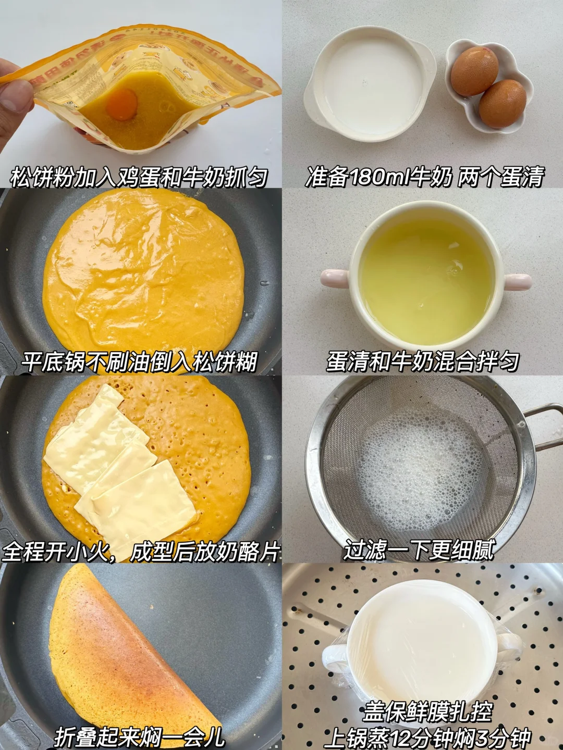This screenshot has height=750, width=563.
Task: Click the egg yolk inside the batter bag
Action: tap(121, 104)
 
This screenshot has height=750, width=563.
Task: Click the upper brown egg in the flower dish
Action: tap(474, 71)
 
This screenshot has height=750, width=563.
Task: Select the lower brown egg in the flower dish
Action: tap(502, 104)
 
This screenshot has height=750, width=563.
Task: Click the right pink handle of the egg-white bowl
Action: tap(517, 280)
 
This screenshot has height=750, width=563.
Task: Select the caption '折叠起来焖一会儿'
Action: tap(140, 737)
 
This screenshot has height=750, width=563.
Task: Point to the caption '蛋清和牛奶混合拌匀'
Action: tap(422, 362)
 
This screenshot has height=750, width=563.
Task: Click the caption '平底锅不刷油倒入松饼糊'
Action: tap(140, 362)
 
